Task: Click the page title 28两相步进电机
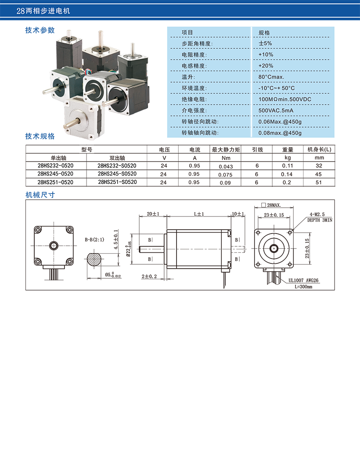click(x=43, y=11)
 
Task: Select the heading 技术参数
click(x=40, y=30)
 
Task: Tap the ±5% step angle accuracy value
click(x=265, y=43)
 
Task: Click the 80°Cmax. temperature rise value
click(x=271, y=77)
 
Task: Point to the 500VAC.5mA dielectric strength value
click(x=276, y=111)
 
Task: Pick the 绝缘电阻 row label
click(x=194, y=99)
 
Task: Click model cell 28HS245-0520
click(x=55, y=174)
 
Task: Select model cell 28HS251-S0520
click(x=117, y=182)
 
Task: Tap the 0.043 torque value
click(x=226, y=167)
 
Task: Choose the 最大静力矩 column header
click(x=226, y=150)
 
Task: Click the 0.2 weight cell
click(x=287, y=182)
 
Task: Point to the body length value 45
click(x=318, y=174)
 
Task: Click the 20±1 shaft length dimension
click(x=153, y=214)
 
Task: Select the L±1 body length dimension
click(x=199, y=214)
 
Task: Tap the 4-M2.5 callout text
click(x=317, y=215)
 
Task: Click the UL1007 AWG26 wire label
click(x=303, y=281)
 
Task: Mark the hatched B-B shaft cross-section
click(x=95, y=260)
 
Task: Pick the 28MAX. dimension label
click(x=274, y=205)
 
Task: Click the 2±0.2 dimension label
click(x=149, y=276)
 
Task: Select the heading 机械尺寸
click(x=40, y=195)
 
